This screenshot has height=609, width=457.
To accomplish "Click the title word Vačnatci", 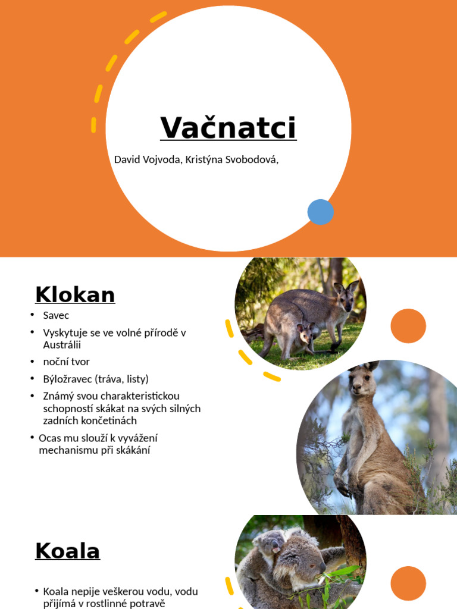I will click(x=228, y=128).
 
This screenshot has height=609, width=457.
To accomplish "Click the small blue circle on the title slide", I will click(x=320, y=212).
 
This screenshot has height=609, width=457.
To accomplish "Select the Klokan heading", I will click(x=75, y=294).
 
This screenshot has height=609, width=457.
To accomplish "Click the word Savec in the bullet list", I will click(x=56, y=315).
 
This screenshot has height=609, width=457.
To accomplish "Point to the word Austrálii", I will click(x=61, y=345).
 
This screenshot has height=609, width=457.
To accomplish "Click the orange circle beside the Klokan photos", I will click(x=408, y=326).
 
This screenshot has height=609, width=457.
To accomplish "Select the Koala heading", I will click(x=67, y=551).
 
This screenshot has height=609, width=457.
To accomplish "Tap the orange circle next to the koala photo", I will click(x=408, y=583).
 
